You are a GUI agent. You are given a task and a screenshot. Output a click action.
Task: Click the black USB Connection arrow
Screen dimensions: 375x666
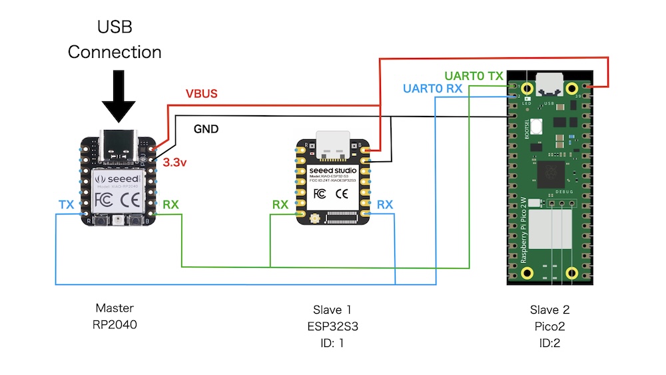click(119, 97)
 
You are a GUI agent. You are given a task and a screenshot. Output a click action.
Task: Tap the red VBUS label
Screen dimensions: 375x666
click(200, 94)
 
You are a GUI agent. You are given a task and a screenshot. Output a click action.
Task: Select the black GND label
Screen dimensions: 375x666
click(206, 129)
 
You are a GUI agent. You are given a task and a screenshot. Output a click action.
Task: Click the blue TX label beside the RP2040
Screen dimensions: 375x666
click(66, 205)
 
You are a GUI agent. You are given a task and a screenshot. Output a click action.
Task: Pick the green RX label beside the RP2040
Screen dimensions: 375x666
click(171, 205)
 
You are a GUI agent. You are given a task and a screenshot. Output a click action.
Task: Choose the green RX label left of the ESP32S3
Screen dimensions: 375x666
click(280, 205)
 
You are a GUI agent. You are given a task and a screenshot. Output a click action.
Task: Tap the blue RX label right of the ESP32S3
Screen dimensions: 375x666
click(385, 205)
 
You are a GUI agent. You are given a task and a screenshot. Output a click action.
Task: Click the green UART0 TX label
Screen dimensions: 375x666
click(474, 76)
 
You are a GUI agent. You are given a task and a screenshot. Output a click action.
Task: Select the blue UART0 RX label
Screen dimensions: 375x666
click(433, 89)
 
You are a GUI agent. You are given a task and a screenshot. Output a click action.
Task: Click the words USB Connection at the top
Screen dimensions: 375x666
click(115, 39)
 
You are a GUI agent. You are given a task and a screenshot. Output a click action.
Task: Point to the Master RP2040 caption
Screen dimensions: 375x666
click(115, 316)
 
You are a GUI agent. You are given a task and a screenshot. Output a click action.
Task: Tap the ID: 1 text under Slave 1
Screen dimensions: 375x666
click(332, 344)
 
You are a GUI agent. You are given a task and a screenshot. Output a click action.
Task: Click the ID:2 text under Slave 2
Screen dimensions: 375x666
click(549, 344)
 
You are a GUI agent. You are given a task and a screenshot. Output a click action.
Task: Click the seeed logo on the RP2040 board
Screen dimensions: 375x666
click(119, 179)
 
